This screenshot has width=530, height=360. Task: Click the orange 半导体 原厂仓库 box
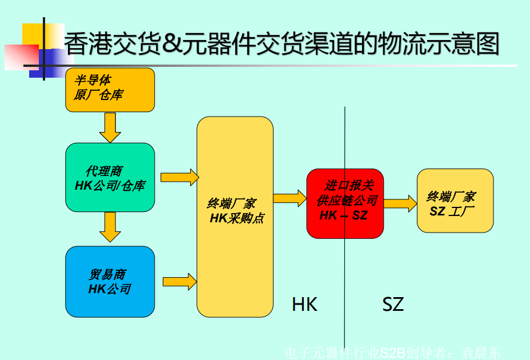click(110, 89)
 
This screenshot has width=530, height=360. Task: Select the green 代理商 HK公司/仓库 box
click(110, 177)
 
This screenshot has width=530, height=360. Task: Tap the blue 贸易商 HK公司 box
click(110, 281)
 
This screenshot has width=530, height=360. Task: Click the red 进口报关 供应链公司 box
click(345, 203)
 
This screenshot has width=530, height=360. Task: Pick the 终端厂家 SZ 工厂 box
click(455, 201)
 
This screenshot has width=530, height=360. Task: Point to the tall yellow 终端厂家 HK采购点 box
click(235, 216)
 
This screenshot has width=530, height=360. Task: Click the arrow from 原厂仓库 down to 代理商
click(110, 127)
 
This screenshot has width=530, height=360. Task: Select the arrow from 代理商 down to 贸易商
click(110, 227)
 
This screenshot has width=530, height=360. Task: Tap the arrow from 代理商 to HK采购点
click(179, 177)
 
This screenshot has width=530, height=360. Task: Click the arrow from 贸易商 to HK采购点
click(179, 282)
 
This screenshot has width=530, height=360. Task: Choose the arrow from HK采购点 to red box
click(290, 198)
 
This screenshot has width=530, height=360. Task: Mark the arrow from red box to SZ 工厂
click(400, 203)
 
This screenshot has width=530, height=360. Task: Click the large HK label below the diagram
click(304, 304)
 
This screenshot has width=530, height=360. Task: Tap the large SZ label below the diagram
click(393, 304)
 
